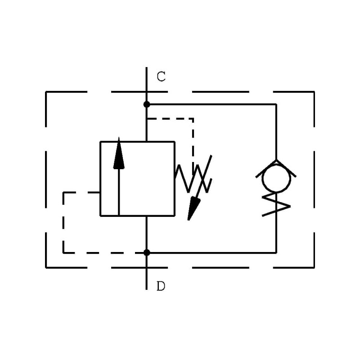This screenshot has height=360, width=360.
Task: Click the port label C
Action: click(x=161, y=76)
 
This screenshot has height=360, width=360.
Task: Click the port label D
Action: click(x=161, y=286)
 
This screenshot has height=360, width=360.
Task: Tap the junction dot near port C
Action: click(x=147, y=104)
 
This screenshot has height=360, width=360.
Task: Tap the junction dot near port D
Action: click(x=147, y=252)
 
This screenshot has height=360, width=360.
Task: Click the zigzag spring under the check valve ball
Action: click(x=276, y=204)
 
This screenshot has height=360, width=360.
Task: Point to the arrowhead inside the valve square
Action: click(x=119, y=155)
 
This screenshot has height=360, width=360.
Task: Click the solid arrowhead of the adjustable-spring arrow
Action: click(x=193, y=208)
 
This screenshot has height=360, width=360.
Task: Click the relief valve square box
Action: click(x=137, y=179)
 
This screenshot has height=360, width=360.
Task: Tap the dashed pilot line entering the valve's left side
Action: click(x=81, y=193)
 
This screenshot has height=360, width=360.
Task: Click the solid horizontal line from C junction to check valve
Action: click(x=211, y=104)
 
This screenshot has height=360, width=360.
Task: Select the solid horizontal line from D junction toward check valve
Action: click(x=211, y=252)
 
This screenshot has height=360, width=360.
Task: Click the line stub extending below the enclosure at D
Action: click(x=147, y=279)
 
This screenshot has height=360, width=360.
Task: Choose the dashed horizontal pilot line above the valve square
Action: click(x=170, y=119)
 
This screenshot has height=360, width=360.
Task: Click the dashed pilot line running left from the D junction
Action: click(x=103, y=252)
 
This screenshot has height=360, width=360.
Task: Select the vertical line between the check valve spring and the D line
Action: click(x=276, y=234)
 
